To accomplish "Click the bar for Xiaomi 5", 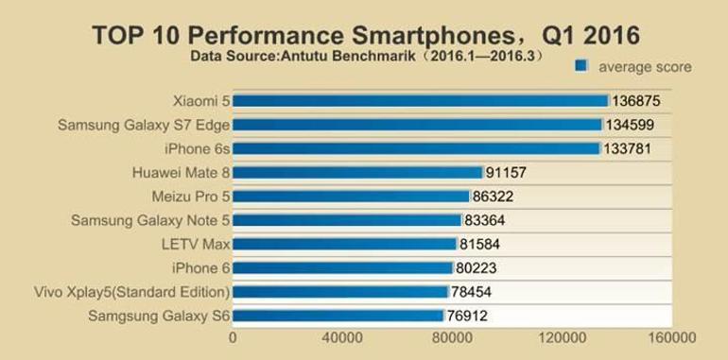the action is [x=420, y=101].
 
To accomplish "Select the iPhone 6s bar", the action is [x=416, y=148].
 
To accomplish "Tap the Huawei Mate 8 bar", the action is [x=357, y=173].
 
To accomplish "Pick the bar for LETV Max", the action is [x=344, y=244].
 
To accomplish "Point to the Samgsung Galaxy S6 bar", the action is [x=338, y=316].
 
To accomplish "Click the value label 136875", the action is [x=635, y=101].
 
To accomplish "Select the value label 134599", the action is [x=629, y=125].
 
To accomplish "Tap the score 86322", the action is [x=493, y=197].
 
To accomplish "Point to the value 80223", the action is [x=476, y=268].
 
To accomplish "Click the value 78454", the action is [x=471, y=292].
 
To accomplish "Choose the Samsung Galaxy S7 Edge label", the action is [x=144, y=126].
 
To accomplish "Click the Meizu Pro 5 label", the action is [x=191, y=197].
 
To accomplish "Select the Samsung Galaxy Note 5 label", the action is [x=150, y=220].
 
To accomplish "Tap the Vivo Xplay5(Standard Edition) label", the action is [x=131, y=292].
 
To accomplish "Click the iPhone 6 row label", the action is [x=200, y=268].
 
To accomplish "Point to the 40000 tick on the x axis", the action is [x=342, y=337].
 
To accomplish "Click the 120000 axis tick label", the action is [x=563, y=337].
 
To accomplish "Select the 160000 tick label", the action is [x=672, y=337].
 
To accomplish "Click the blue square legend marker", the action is [x=581, y=66].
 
